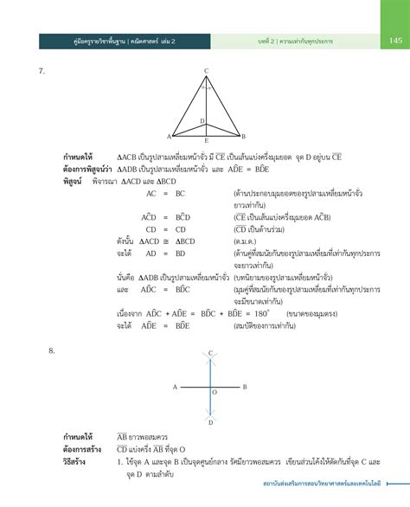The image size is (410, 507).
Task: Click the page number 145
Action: pos(394,40)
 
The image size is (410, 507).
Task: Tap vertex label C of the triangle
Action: pos(206,70)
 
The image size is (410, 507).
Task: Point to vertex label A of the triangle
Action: pos(169,136)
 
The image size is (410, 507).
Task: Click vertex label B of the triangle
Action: pos(244,136)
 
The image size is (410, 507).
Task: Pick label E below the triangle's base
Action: pos(206,140)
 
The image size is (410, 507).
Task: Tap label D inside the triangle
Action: pos(202,121)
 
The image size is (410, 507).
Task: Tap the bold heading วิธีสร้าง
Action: pos(78,462)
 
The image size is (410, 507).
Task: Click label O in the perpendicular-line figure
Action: pos(215,392)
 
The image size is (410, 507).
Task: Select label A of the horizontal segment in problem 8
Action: pos(175,387)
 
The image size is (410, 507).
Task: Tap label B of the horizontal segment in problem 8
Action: pos(245,387)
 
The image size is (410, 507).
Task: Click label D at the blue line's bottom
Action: pos(210,422)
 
